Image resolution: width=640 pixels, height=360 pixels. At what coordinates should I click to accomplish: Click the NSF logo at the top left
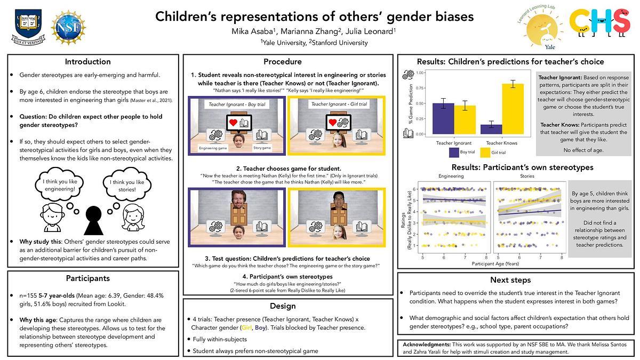click(68, 27)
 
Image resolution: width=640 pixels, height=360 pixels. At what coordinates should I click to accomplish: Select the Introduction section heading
click(87, 61)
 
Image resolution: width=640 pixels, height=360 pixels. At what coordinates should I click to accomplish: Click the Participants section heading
click(87, 278)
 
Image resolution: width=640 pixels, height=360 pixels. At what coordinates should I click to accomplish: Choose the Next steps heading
click(510, 280)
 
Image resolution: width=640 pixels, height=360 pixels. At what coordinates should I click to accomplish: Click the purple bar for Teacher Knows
click(494, 129)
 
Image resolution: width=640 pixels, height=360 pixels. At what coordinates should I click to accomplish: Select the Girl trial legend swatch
click(485, 153)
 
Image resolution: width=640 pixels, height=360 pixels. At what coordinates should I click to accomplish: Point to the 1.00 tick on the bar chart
click(420, 73)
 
